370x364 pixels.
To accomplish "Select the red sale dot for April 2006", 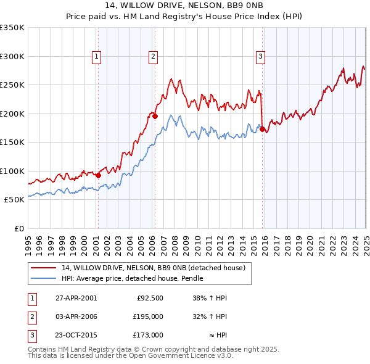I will (x=155, y=116).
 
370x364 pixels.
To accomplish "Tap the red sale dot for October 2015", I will (x=263, y=130).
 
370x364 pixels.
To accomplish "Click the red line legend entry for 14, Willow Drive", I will (x=154, y=268).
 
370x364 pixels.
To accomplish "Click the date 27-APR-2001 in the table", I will (x=76, y=298).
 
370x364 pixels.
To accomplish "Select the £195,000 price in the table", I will (x=149, y=316).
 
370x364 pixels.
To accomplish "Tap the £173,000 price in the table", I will (x=149, y=335).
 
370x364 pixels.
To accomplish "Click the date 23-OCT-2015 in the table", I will (x=76, y=335).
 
